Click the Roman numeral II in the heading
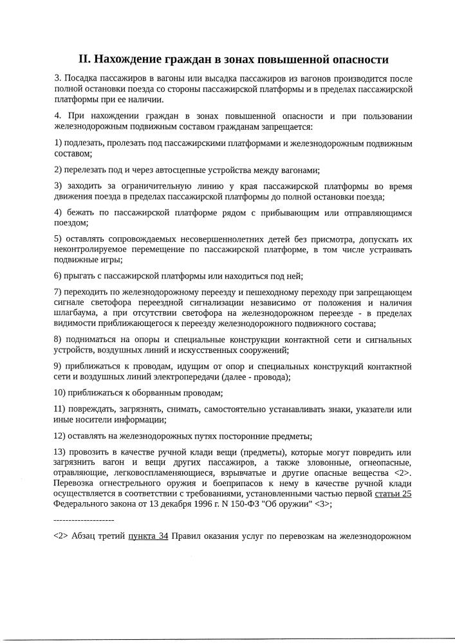84,60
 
